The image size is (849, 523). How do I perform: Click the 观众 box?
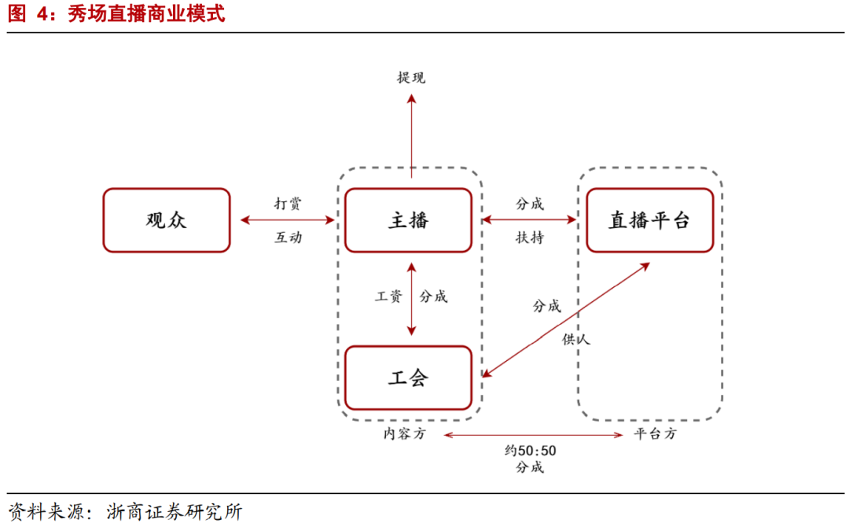167,220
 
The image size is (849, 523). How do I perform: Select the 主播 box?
408,220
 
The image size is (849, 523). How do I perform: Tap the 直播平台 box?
649,220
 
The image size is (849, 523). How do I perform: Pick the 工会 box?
408,378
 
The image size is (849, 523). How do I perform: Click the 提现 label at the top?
411,77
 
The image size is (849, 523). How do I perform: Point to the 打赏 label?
288,204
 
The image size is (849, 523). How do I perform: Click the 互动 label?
288,237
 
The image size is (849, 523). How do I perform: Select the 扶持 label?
530,237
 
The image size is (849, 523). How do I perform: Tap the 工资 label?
388,296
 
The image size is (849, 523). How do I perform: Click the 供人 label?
575,339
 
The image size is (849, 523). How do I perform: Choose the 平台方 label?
654,433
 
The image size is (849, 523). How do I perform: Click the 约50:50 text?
530,451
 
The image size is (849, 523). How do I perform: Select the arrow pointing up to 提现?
411,130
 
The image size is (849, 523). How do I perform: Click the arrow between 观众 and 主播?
288,220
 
